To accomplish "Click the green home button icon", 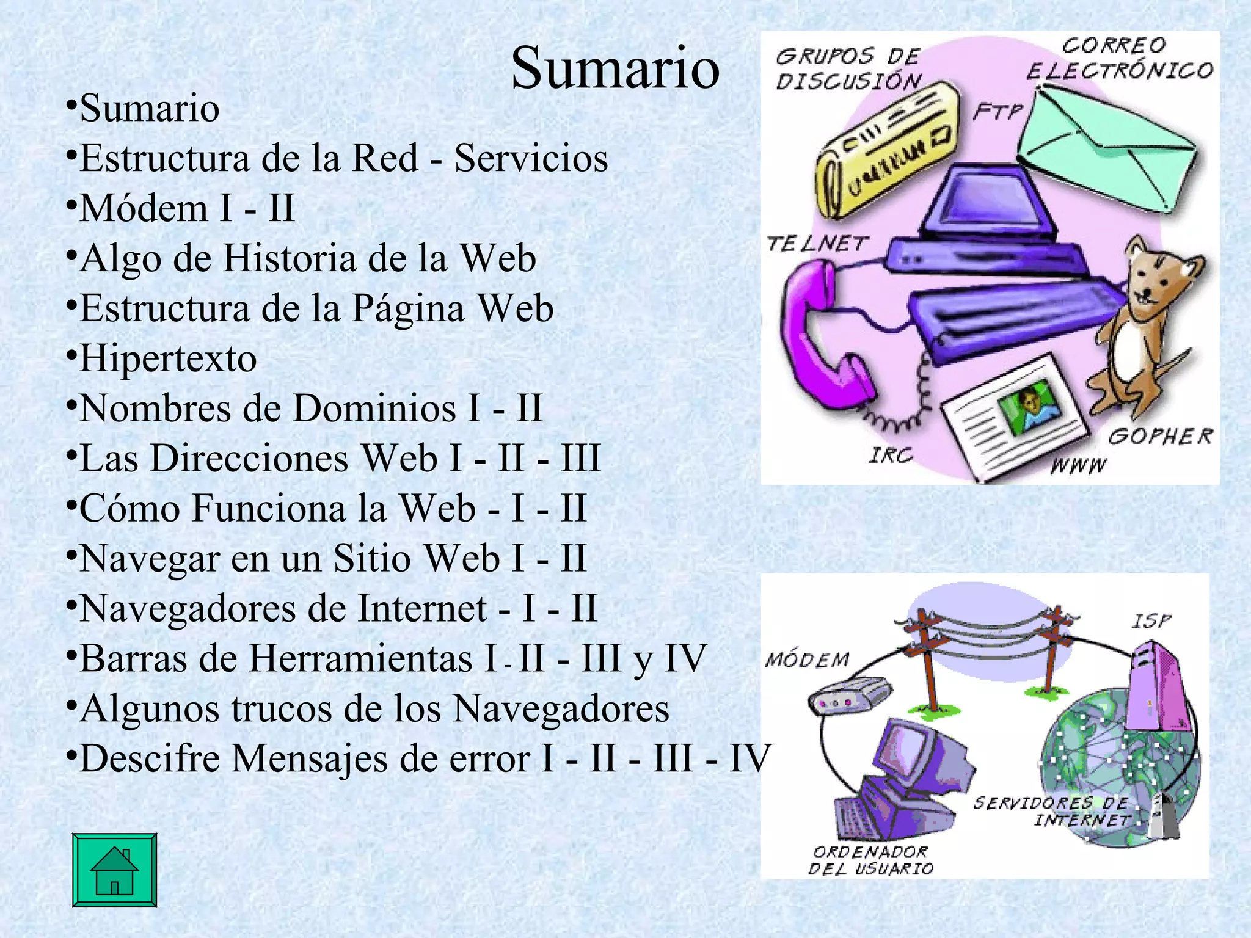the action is [x=114, y=870].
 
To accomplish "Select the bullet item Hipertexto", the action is [x=168, y=358].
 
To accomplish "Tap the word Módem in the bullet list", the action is [x=144, y=208].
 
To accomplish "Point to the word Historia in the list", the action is [x=290, y=258].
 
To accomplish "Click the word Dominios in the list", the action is [x=374, y=409].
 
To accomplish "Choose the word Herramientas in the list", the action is [x=361, y=659].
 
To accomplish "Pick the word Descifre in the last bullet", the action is [x=150, y=759].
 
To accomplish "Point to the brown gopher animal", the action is [x=1142, y=324].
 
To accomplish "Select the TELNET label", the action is [x=817, y=244].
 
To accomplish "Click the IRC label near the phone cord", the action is [x=891, y=455].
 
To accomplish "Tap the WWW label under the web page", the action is [x=1078, y=466].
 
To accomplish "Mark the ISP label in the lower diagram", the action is [x=1151, y=621].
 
